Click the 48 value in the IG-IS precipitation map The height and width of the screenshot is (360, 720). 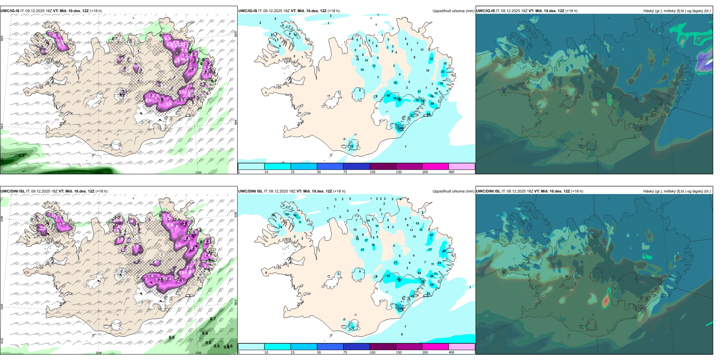pos(401,128)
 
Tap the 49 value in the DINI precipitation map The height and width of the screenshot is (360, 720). pos(401,308)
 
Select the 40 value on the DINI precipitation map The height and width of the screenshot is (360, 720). pos(444,251)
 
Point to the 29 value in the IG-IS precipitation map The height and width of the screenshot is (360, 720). pos(432,103)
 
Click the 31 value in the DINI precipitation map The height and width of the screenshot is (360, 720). pos(431,235)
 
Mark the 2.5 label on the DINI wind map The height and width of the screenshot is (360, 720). pos(185,224)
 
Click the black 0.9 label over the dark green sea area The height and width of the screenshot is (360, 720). pos(22,155)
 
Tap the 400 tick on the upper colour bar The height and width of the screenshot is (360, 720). pos(451,172)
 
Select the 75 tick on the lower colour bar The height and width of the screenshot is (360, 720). pos(345,352)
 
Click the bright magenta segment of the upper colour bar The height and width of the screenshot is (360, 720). pos(435,166)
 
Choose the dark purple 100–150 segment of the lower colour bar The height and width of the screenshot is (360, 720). pos(383,347)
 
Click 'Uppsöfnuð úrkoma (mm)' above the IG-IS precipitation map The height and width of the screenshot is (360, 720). pos(453,11)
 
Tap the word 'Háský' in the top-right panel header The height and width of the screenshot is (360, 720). pos(648,11)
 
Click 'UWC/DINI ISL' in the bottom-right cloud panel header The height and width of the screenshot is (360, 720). pos(488,191)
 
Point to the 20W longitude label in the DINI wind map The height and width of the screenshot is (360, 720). pos(99,353)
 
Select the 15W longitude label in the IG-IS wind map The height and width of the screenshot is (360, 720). pos(198,172)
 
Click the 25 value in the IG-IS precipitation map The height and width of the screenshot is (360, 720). pos(443,72)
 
